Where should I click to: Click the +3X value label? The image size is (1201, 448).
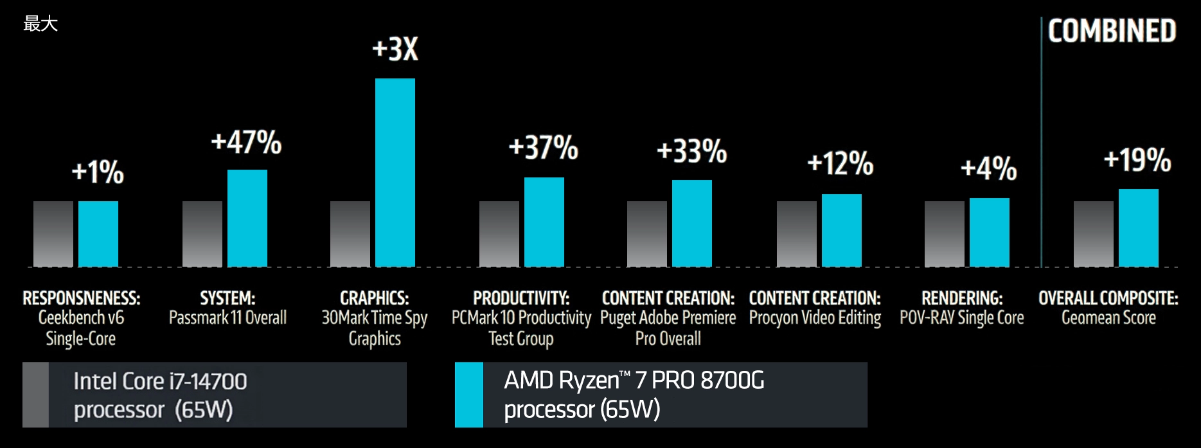pos(395,49)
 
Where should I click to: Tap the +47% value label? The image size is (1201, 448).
pos(246,142)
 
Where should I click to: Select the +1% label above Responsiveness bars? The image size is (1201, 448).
pos(98,172)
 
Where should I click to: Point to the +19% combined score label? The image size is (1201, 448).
pos(1137,159)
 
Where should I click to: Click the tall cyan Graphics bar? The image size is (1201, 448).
pos(395,172)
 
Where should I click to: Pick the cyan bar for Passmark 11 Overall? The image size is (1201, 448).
pos(247,218)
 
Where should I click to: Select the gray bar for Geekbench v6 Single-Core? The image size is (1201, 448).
pos(53,233)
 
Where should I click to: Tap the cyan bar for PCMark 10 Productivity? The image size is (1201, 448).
pos(544,222)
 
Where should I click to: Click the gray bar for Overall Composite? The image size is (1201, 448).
pos(1094,233)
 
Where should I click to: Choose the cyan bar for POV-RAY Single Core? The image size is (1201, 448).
pos(990,232)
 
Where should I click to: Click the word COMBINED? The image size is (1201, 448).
pos(1112,31)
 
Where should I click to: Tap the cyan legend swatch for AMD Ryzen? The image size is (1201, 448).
pos(469,395)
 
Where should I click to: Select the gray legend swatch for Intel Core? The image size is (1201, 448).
pos(36,395)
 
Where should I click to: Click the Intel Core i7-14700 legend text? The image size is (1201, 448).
pos(160,381)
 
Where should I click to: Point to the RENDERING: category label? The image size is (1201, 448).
pos(962,298)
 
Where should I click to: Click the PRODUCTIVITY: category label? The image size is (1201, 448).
pos(521,298)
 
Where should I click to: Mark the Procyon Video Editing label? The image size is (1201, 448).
pos(815,318)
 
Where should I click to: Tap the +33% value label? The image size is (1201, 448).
pos(692,151)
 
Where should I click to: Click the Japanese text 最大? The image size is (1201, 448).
pos(40,24)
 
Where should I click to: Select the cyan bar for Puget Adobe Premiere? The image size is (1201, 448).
pos(692,223)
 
